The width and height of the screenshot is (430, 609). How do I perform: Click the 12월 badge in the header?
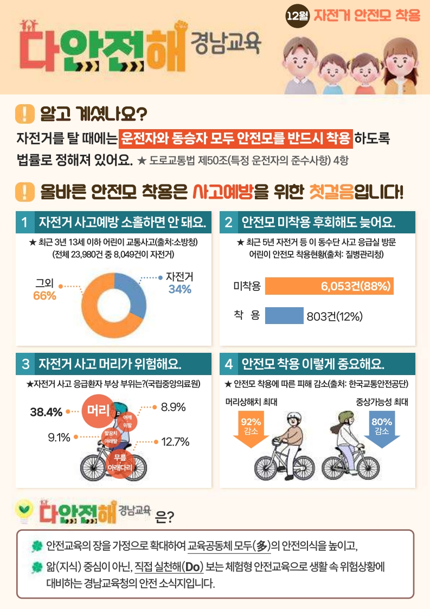(298, 16)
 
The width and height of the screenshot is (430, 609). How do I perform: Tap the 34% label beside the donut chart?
(180, 289)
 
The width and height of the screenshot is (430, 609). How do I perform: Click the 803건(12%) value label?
(334, 316)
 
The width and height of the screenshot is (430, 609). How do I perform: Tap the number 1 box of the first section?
(24, 222)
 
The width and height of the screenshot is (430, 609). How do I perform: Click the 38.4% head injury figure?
(46, 412)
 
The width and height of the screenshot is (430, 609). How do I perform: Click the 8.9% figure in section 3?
(173, 407)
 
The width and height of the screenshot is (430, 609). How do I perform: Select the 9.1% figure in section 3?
(59, 436)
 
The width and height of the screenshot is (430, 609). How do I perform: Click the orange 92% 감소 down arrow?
(251, 429)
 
